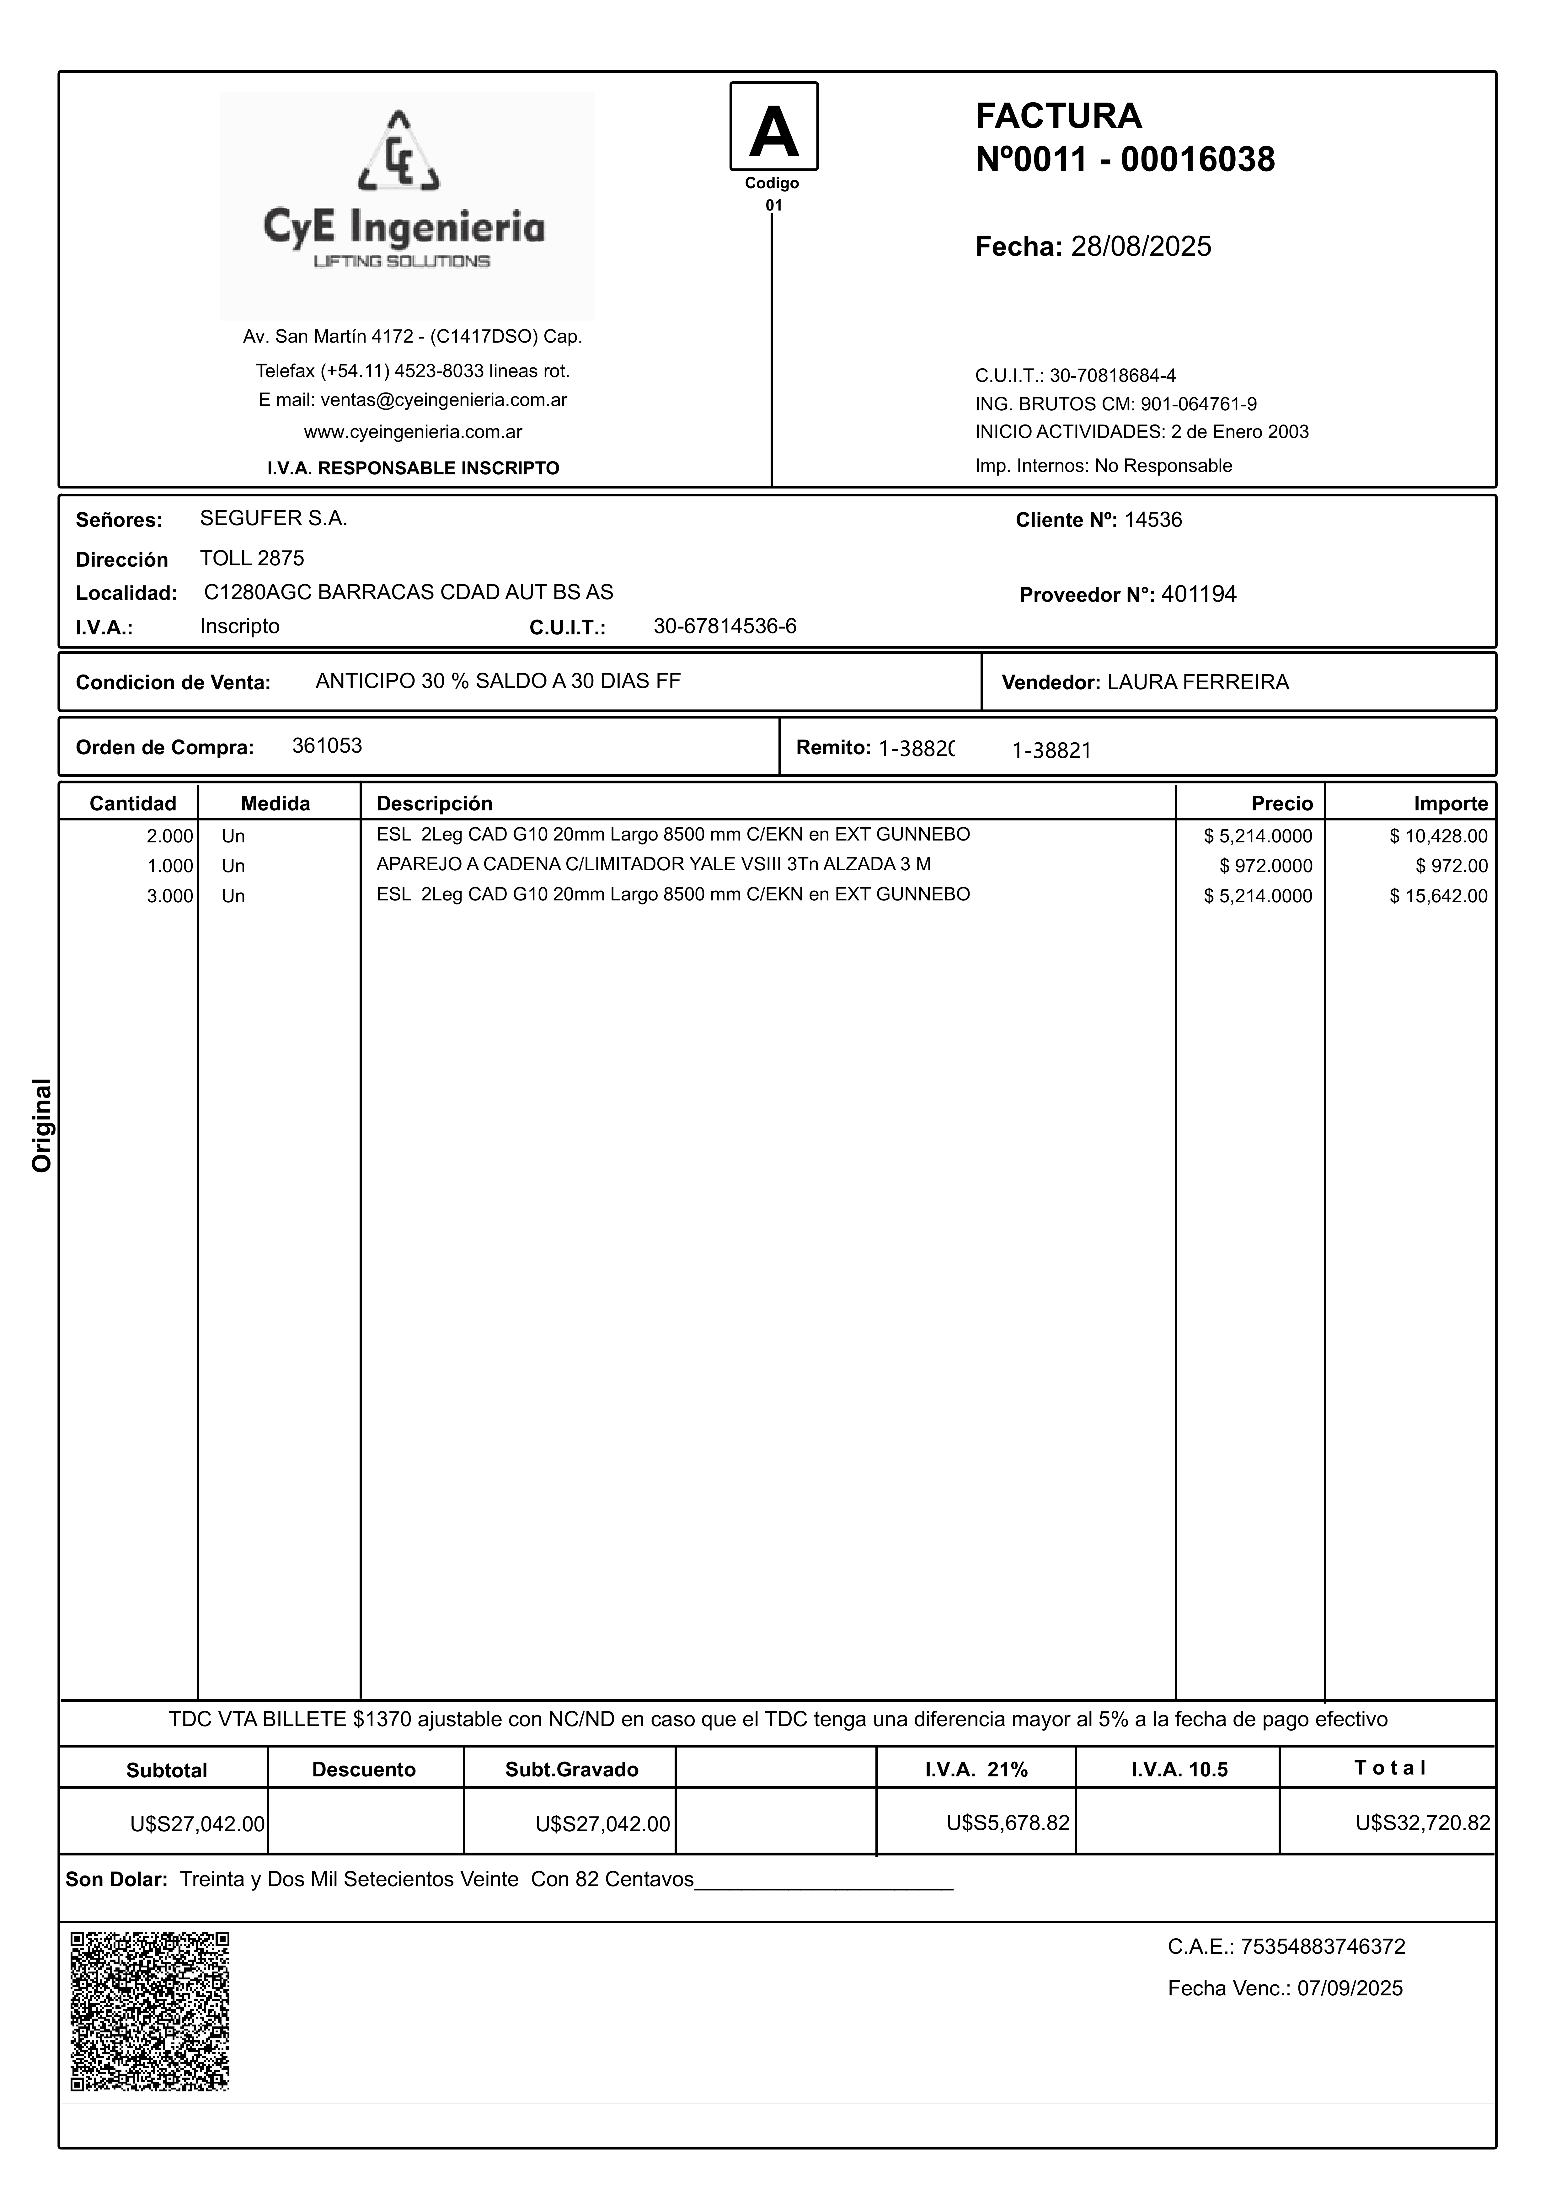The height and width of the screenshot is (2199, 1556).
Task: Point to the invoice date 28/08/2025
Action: click(1140, 247)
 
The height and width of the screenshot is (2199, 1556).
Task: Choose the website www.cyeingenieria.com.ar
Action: click(413, 432)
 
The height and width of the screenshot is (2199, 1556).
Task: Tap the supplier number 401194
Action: click(1199, 595)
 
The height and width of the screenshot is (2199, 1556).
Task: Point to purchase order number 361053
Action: click(327, 746)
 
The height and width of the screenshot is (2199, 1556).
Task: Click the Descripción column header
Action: click(434, 803)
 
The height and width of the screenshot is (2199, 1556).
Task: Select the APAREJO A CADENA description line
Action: click(654, 865)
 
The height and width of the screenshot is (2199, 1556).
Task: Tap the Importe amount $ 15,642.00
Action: click(1439, 896)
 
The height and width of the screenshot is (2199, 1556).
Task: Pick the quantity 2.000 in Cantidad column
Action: click(169, 836)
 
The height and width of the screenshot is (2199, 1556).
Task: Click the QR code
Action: click(150, 2011)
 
